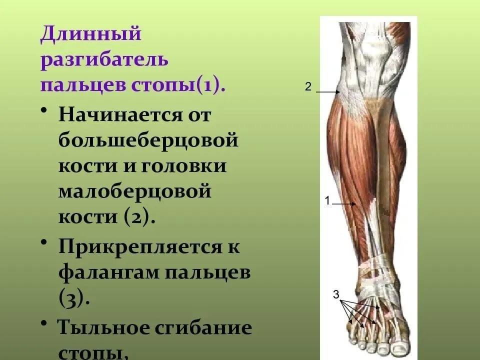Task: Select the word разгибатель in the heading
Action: click(104, 60)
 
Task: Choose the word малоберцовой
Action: click(134, 191)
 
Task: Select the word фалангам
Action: click(109, 272)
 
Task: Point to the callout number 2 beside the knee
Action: click(308, 86)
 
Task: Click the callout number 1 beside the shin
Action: click(327, 201)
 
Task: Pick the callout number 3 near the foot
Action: click(336, 294)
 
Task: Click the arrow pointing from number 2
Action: click(328, 91)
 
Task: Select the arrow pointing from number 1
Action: click(344, 203)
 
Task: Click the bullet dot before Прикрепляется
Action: click(44, 242)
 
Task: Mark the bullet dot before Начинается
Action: click(44, 110)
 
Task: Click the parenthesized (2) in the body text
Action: click(137, 216)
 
